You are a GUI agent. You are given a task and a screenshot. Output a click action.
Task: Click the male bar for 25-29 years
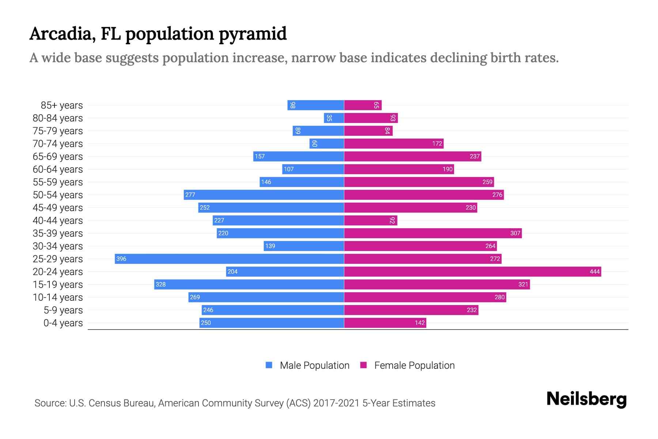pyautogui.click(x=229, y=259)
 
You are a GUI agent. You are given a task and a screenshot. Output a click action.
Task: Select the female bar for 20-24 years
pyautogui.click(x=472, y=271)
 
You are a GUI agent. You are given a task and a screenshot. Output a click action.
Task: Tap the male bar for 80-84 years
pyautogui.click(x=334, y=118)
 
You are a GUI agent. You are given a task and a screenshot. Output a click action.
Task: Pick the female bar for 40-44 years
pyautogui.click(x=370, y=220)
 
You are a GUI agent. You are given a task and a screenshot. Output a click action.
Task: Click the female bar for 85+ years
pyautogui.click(x=363, y=105)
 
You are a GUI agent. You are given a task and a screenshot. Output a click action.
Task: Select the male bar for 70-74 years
pyautogui.click(x=326, y=143)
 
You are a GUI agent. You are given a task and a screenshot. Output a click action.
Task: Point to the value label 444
pyautogui.click(x=594, y=271)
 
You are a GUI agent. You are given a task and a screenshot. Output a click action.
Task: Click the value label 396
pyautogui.click(x=121, y=259)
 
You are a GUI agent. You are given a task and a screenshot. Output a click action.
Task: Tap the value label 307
pyautogui.click(x=515, y=233)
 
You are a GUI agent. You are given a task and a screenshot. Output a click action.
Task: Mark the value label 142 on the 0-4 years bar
pyautogui.click(x=420, y=323)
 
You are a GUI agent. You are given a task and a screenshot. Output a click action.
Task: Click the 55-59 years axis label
pyautogui.click(x=58, y=182)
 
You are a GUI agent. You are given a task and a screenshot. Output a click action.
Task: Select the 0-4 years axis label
pyautogui.click(x=63, y=323)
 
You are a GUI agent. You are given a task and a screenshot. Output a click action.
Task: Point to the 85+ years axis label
pyautogui.click(x=62, y=105)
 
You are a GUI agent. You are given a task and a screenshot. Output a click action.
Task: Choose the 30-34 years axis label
pyautogui.click(x=58, y=246)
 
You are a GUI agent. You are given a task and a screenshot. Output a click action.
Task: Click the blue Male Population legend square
pyautogui.click(x=269, y=365)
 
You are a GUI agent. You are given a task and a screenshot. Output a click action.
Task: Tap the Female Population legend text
pyautogui.click(x=414, y=365)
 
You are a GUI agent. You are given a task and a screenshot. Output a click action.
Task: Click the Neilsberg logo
pyautogui.click(x=586, y=399)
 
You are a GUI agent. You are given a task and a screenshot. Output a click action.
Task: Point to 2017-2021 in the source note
pyautogui.click(x=336, y=403)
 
